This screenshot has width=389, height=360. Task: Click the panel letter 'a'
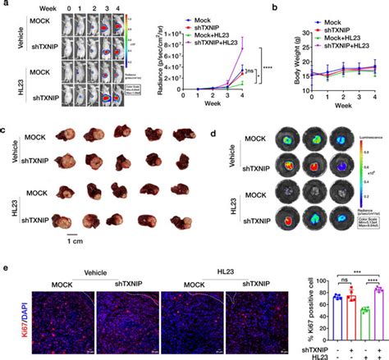[5, 5]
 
